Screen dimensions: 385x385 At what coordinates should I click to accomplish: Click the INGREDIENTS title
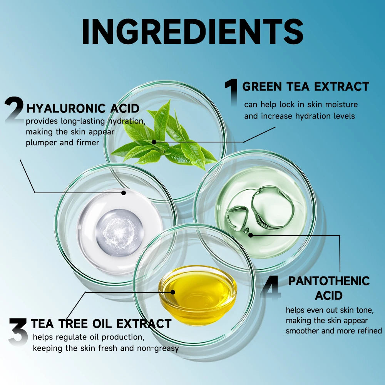(193, 32)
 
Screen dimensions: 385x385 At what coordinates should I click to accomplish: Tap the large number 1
(231, 92)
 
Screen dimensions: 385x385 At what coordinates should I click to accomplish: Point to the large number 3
(18, 332)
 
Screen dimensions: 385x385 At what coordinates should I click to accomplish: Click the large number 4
(270, 287)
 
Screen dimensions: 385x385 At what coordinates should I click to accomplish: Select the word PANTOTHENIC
(329, 281)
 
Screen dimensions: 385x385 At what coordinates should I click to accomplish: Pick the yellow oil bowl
(198, 295)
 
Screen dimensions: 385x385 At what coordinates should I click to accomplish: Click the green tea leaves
(164, 136)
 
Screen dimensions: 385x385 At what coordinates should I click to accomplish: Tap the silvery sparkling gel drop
(119, 232)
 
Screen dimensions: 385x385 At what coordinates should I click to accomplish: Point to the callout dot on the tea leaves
(154, 142)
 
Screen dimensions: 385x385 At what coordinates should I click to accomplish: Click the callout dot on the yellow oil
(173, 292)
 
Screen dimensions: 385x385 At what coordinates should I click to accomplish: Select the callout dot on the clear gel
(124, 193)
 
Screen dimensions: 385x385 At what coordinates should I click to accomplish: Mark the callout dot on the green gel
(251, 235)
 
